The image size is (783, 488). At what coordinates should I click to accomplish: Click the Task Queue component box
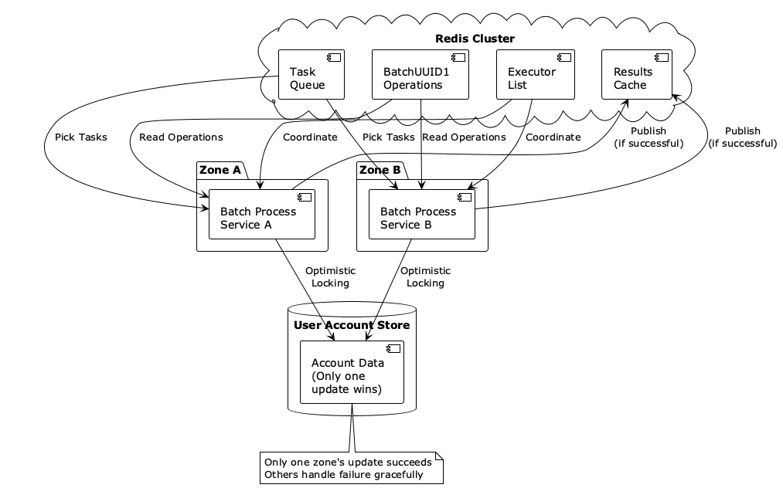tap(311, 75)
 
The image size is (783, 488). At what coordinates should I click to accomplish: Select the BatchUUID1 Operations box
tap(420, 75)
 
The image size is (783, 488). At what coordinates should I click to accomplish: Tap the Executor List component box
tap(535, 75)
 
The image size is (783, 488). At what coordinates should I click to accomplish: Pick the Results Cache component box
tap(636, 75)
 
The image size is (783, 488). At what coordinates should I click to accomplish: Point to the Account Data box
tap(352, 371)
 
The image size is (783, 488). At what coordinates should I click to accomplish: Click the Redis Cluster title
tap(475, 39)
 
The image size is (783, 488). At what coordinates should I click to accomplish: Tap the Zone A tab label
tap(220, 170)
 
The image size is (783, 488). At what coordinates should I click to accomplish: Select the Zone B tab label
tap(380, 170)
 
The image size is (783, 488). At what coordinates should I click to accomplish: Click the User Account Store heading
tap(352, 325)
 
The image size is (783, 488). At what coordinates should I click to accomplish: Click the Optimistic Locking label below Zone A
tap(330, 277)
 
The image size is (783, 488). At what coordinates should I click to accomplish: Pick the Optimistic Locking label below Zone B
tap(425, 277)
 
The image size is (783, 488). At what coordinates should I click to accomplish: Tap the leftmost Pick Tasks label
tap(81, 137)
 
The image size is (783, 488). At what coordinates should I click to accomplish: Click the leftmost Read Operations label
tap(181, 137)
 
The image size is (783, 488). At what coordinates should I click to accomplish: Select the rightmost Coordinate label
tap(553, 137)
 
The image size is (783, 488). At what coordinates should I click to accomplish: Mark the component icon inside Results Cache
tap(662, 57)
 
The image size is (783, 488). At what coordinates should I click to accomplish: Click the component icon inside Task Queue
tap(335, 57)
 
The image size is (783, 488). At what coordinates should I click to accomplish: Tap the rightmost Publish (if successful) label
tap(742, 137)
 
